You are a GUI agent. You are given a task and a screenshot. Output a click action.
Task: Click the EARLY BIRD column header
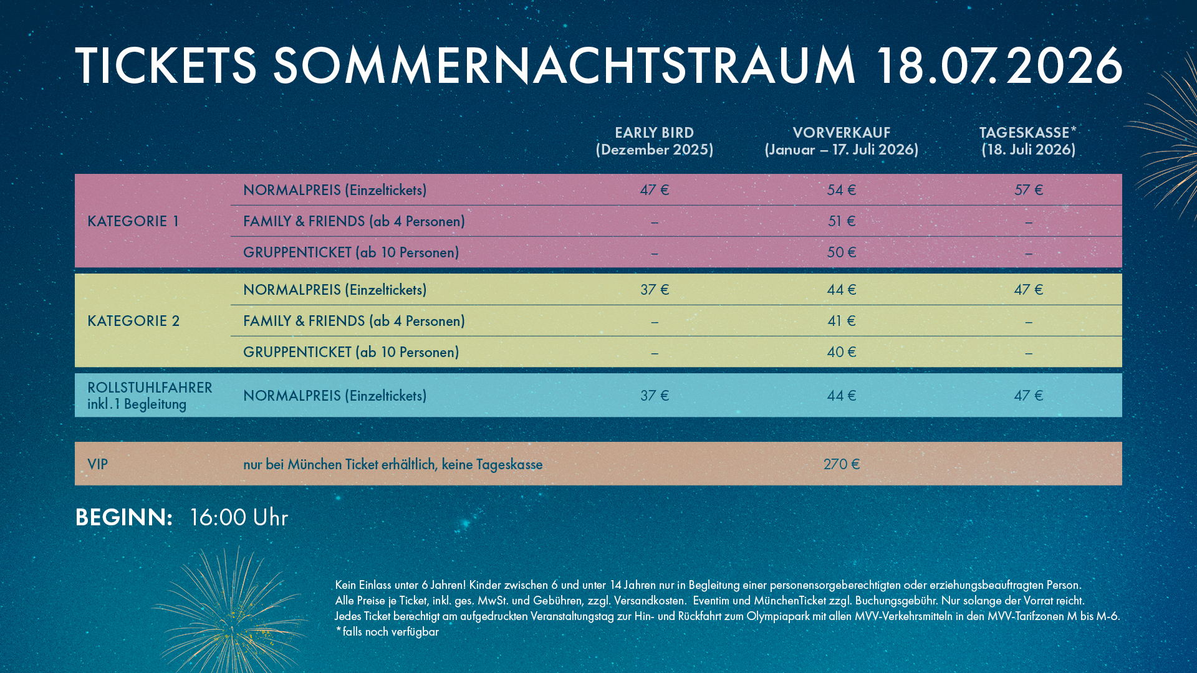click(x=654, y=141)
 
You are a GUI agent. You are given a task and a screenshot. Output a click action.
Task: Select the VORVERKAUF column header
click(x=841, y=141)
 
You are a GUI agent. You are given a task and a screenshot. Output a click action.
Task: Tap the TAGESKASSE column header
click(x=1028, y=141)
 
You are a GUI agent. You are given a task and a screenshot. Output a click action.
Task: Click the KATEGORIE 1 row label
click(x=133, y=221)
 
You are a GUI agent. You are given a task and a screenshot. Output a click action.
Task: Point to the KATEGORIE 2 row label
click(x=133, y=321)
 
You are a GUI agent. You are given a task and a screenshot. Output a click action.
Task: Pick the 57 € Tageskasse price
click(x=1028, y=190)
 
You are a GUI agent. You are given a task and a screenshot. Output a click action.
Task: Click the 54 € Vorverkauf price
click(x=841, y=190)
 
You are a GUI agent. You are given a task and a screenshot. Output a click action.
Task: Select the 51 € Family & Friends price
click(x=841, y=221)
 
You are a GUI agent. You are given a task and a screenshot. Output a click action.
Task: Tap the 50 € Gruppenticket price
click(x=841, y=252)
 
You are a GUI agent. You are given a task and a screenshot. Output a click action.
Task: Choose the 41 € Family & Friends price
click(x=841, y=321)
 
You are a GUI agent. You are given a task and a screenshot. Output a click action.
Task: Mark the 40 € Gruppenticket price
click(x=841, y=352)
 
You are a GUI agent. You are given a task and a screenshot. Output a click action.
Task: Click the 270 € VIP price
click(x=841, y=464)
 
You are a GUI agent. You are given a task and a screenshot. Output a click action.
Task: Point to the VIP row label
click(x=98, y=464)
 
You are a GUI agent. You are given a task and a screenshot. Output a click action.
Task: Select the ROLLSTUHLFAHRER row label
click(x=150, y=395)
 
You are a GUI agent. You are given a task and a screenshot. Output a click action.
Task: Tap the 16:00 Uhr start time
click(x=238, y=518)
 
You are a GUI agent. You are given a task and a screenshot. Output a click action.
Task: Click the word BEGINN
click(x=123, y=518)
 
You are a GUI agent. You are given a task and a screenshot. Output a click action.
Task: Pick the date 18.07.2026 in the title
click(x=999, y=65)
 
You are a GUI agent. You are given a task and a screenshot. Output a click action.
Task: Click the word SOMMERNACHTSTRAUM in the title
click(x=564, y=65)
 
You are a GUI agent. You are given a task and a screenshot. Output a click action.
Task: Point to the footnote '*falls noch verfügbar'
click(x=387, y=632)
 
